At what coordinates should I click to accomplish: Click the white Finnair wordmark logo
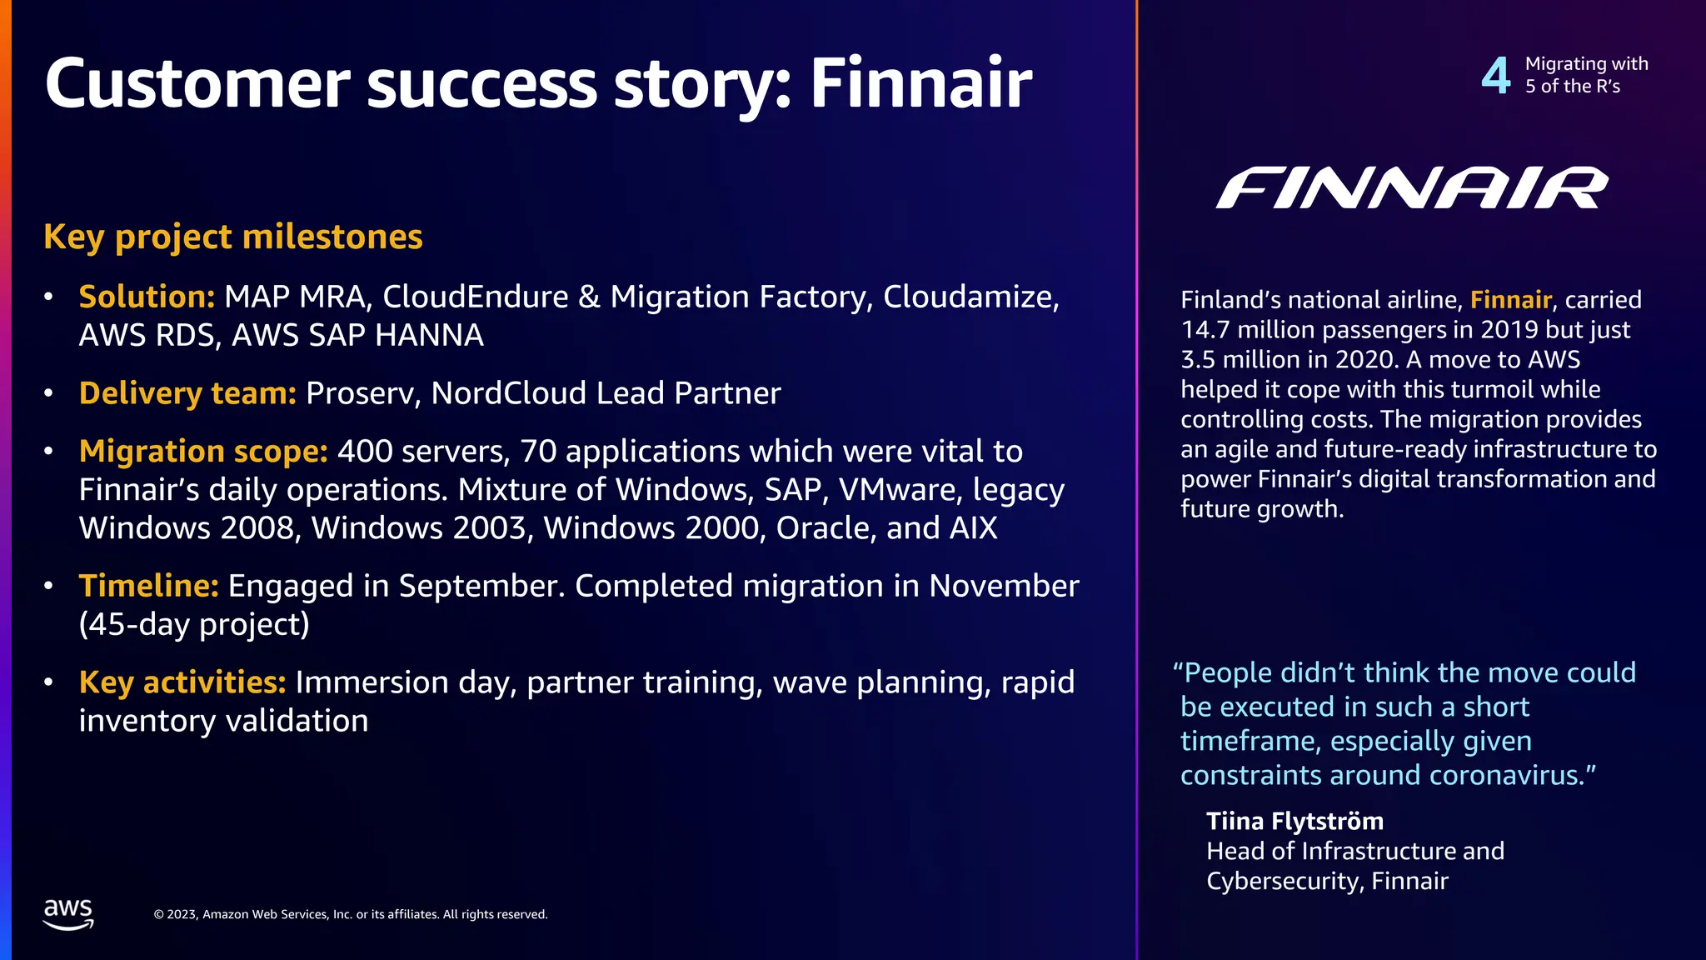(x=1411, y=187)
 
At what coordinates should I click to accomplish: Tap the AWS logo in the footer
(x=68, y=913)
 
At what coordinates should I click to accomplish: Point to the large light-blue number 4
(x=1496, y=76)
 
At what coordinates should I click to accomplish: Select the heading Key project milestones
(x=233, y=237)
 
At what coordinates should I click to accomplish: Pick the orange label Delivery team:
(x=187, y=393)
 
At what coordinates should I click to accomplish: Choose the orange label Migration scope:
(x=203, y=451)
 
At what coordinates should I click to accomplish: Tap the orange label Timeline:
(x=148, y=586)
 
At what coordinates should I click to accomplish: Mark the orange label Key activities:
(x=182, y=682)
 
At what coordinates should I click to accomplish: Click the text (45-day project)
(x=194, y=624)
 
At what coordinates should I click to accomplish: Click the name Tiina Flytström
(x=1294, y=822)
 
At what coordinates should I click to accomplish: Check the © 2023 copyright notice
(x=351, y=914)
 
